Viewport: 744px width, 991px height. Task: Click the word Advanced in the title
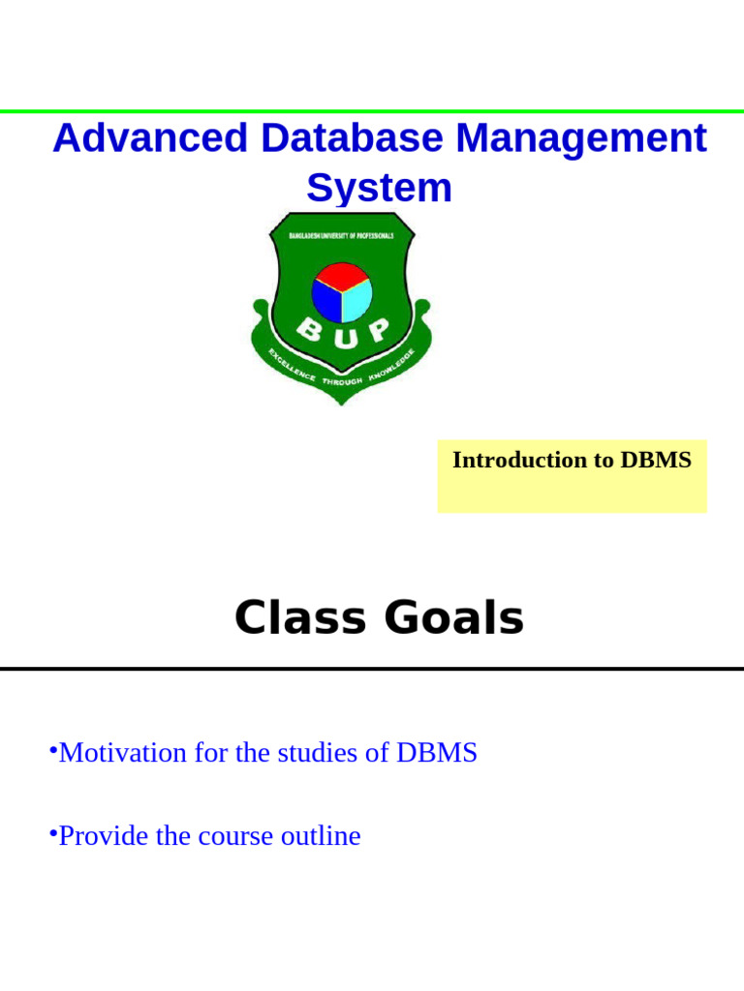click(150, 138)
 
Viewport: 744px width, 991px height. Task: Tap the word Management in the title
click(581, 138)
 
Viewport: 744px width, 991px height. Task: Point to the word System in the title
click(379, 188)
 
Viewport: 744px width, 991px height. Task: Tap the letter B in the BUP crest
click(309, 331)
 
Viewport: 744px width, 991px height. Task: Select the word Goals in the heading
click(454, 618)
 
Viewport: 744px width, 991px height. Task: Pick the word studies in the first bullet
click(317, 753)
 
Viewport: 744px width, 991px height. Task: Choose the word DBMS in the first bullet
click(437, 753)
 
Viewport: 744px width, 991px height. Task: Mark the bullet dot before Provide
click(53, 832)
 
